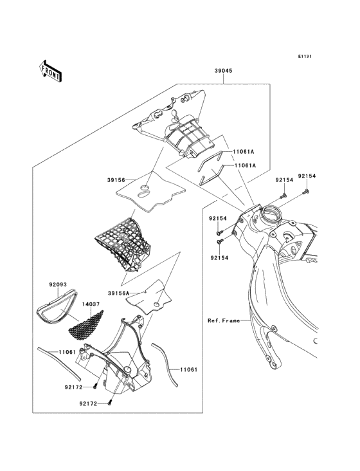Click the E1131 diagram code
point(305,56)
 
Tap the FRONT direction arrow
point(50,71)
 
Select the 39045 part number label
point(224,71)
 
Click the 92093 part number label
point(58,284)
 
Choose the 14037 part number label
point(91,304)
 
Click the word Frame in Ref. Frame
point(231,321)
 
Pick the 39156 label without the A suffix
point(116,180)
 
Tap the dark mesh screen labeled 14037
point(85,326)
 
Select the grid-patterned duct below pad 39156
point(123,245)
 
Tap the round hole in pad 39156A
point(157,304)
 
